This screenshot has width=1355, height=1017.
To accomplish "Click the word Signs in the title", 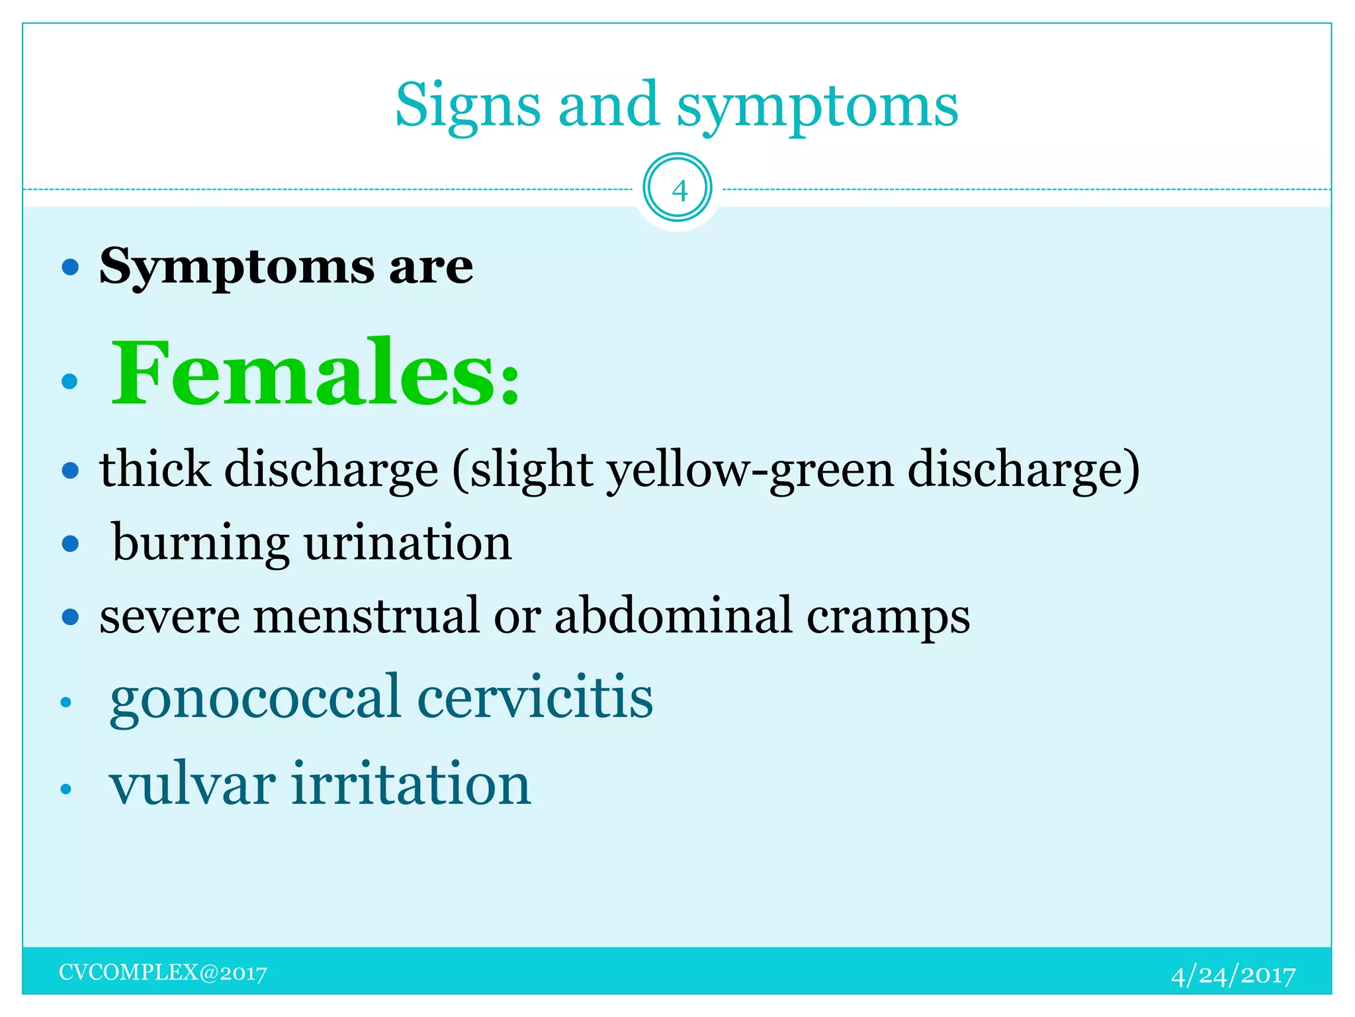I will point(467,106).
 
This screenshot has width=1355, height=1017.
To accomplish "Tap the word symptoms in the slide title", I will point(817,106).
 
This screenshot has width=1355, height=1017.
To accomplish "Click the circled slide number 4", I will point(677,189).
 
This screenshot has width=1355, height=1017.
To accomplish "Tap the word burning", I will point(200,543).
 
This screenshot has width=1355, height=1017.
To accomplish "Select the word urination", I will point(408,543).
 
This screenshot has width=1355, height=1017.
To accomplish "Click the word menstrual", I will point(366,616).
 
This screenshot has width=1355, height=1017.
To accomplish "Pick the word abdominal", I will point(673,616).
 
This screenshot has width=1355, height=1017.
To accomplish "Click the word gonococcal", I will point(255,699).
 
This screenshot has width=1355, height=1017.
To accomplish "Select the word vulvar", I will point(193,785).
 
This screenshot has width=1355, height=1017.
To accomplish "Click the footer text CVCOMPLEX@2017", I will point(163,973).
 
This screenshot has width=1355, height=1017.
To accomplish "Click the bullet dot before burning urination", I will point(70,544).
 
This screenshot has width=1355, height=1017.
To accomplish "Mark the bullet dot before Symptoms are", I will point(70,267).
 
